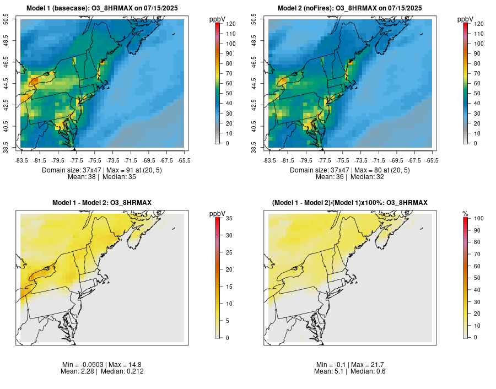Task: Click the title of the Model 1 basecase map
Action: pyautogui.click(x=101, y=8)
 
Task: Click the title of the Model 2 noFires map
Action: pyautogui.click(x=350, y=8)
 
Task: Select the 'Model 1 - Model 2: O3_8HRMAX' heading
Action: pyautogui.click(x=101, y=203)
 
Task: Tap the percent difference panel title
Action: pyautogui.click(x=350, y=203)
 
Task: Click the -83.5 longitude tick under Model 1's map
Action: pyautogui.click(x=21, y=160)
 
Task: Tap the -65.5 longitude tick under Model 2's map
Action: pyautogui.click(x=432, y=160)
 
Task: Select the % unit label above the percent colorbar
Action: pyautogui.click(x=465, y=214)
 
